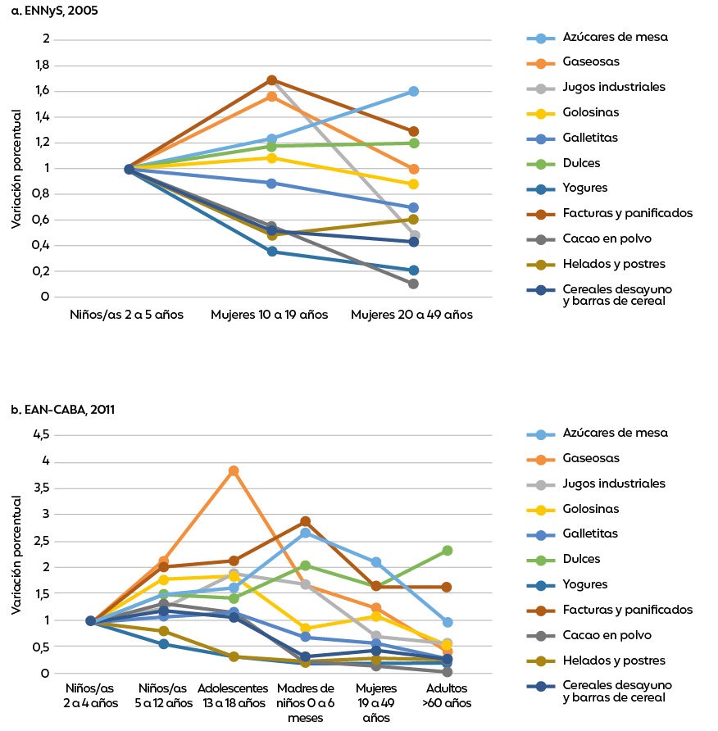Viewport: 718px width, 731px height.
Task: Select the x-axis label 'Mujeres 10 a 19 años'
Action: pyautogui.click(x=270, y=315)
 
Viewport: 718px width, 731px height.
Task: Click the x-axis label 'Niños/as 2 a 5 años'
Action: pyautogui.click(x=128, y=315)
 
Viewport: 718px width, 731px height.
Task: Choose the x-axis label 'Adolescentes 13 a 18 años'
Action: pyautogui.click(x=234, y=695)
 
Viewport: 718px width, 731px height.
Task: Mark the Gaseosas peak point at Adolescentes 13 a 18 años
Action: pyautogui.click(x=234, y=470)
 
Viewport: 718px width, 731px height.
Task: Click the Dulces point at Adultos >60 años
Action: pyautogui.click(x=447, y=551)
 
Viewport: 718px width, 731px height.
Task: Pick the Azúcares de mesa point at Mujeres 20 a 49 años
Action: pyautogui.click(x=413, y=91)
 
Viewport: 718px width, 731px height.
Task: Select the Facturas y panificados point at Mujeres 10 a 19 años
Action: pyautogui.click(x=271, y=80)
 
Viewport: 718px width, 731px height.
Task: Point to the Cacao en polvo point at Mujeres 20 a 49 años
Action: pyautogui.click(x=413, y=284)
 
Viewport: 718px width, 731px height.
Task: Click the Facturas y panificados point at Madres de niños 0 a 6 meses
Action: pyautogui.click(x=305, y=521)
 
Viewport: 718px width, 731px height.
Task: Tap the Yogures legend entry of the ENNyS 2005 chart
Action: pyautogui.click(x=585, y=188)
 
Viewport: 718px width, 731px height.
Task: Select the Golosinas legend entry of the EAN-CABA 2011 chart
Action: pyautogui.click(x=590, y=509)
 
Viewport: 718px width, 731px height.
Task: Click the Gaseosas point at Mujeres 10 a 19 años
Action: pyautogui.click(x=271, y=96)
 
